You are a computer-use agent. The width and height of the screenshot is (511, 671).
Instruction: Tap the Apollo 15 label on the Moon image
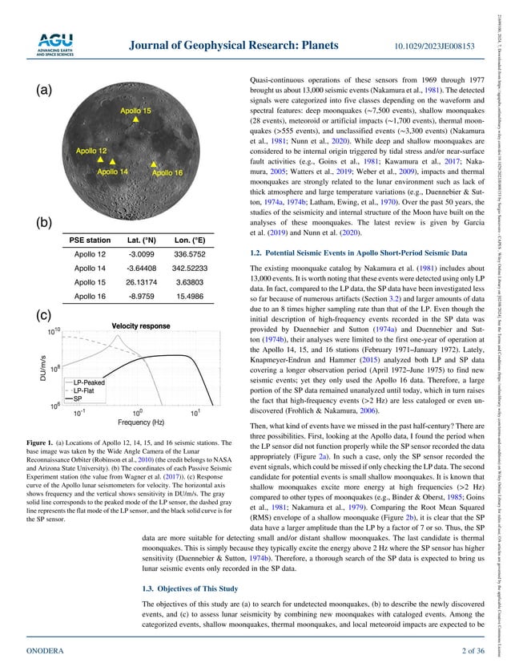[x=113, y=110]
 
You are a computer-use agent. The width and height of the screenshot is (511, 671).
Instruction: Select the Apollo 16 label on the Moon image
[x=167, y=172]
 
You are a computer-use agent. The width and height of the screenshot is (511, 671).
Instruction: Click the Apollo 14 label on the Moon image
[x=111, y=171]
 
